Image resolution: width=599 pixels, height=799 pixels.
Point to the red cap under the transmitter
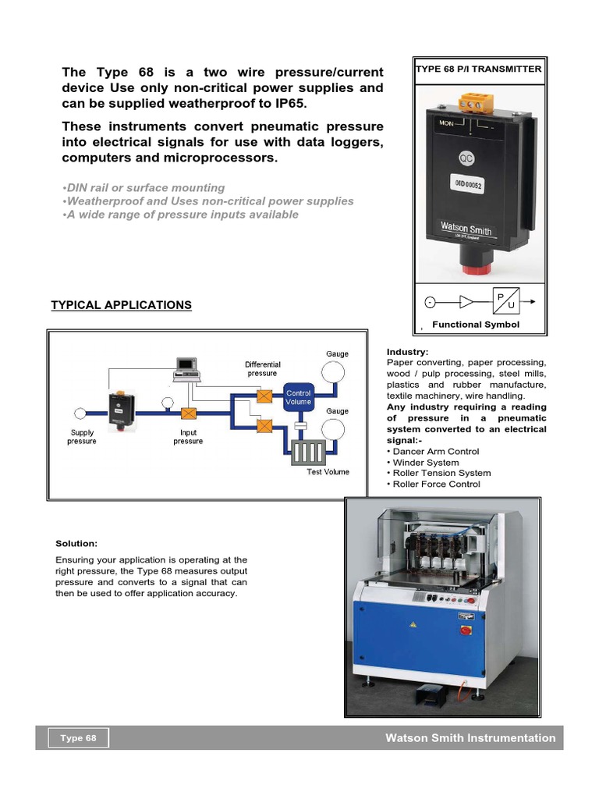pyautogui.click(x=470, y=269)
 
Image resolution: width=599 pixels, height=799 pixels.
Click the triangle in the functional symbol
pyautogui.click(x=467, y=302)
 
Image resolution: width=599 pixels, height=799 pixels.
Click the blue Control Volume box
pyautogui.click(x=299, y=397)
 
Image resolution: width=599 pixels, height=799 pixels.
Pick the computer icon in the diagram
pyautogui.click(x=186, y=367)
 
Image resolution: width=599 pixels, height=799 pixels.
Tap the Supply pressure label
pyautogui.click(x=82, y=437)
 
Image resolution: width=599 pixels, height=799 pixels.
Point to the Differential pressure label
pyautogui.click(x=262, y=368)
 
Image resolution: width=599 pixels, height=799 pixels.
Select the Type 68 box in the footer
pyautogui.click(x=79, y=738)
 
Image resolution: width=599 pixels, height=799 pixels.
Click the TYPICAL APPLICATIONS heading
pyautogui.click(x=121, y=305)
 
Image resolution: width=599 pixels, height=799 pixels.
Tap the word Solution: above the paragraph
pyautogui.click(x=76, y=543)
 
